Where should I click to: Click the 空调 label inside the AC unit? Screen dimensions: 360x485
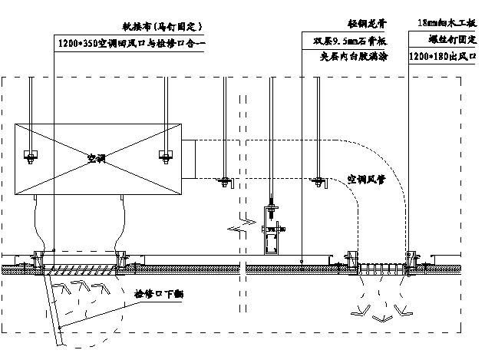pyautogui.click(x=96, y=159)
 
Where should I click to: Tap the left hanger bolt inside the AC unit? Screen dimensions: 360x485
pyautogui.click(x=31, y=157)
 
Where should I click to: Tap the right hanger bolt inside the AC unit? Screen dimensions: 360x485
pyautogui.click(x=163, y=156)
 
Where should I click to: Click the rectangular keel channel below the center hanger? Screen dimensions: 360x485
pyautogui.click(x=272, y=243)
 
